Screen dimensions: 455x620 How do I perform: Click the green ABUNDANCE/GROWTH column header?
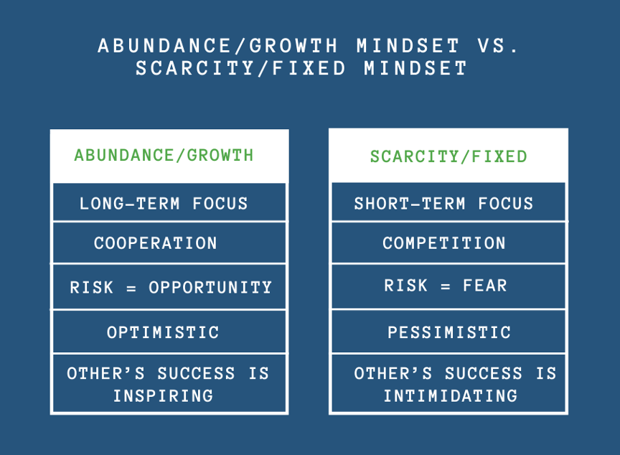click(x=164, y=155)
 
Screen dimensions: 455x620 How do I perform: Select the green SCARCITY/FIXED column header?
click(x=448, y=156)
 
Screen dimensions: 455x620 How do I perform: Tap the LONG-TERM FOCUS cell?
click(x=164, y=203)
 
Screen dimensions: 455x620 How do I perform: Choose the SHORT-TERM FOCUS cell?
click(x=443, y=203)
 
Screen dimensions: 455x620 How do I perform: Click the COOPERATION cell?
click(x=156, y=243)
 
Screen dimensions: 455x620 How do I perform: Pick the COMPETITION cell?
click(x=444, y=243)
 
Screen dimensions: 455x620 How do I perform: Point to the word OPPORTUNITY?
click(x=210, y=288)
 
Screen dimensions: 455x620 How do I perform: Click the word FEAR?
click(x=484, y=286)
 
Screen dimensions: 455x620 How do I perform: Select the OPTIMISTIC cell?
click(x=163, y=332)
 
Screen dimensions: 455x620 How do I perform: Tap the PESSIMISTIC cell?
click(x=449, y=332)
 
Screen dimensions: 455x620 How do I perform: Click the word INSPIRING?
click(x=163, y=395)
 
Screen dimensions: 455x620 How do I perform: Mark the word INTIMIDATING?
click(x=450, y=395)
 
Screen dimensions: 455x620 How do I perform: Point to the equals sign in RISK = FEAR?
click(x=445, y=286)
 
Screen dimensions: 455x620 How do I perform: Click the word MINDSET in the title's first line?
click(x=408, y=47)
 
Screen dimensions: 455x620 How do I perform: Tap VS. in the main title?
click(x=497, y=47)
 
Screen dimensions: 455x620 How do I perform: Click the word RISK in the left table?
click(x=90, y=288)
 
